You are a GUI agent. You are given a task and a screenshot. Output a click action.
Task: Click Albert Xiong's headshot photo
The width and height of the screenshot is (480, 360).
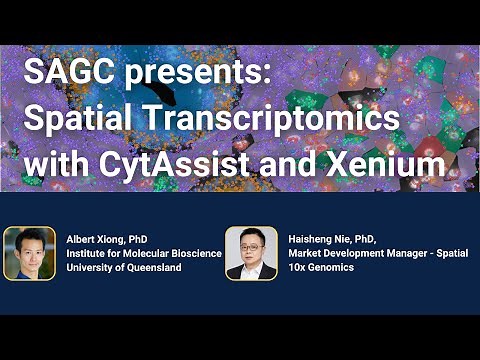(29, 253)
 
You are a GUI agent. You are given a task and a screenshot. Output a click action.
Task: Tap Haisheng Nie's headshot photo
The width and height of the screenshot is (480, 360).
(251, 253)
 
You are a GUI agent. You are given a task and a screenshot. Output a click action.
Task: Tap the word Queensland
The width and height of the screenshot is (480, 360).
(149, 269)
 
